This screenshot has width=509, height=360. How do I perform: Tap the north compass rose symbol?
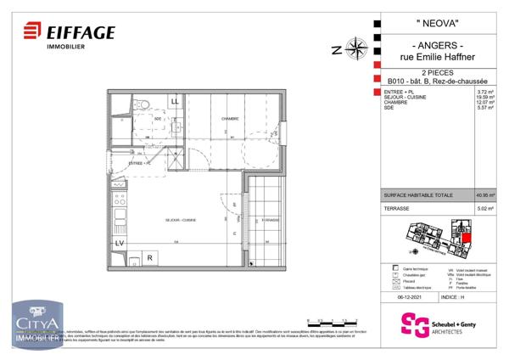355,48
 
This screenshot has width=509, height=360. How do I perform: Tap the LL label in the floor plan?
175,102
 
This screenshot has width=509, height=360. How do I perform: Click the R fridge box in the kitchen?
148,257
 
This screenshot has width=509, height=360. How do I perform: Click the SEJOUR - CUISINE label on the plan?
181,220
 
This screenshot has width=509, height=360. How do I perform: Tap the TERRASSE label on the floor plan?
271,219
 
